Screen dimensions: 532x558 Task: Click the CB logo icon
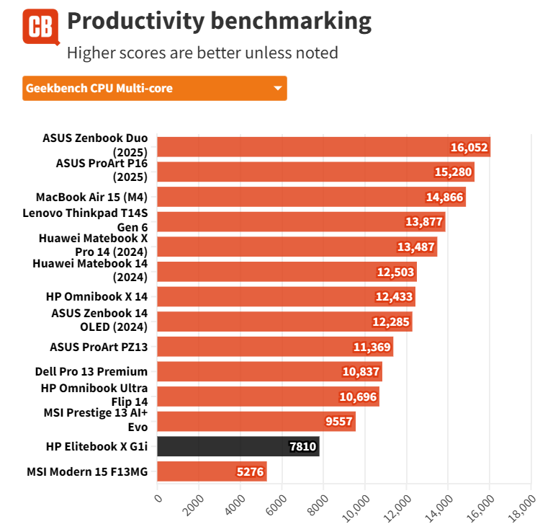pyautogui.click(x=40, y=27)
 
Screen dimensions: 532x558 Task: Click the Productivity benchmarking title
pyautogui.click(x=219, y=22)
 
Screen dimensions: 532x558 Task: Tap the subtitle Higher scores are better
pyautogui.click(x=202, y=53)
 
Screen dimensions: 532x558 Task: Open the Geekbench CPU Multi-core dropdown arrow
pyautogui.click(x=278, y=89)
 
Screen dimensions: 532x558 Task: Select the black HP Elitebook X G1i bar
pyautogui.click(x=238, y=447)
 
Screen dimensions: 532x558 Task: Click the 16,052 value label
pyautogui.click(x=469, y=148)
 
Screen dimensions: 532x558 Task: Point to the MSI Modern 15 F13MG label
pyautogui.click(x=87, y=472)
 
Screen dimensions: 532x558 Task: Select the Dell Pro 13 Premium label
pyautogui.click(x=91, y=372)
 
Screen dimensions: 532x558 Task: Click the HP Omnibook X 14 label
pyautogui.click(x=96, y=297)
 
